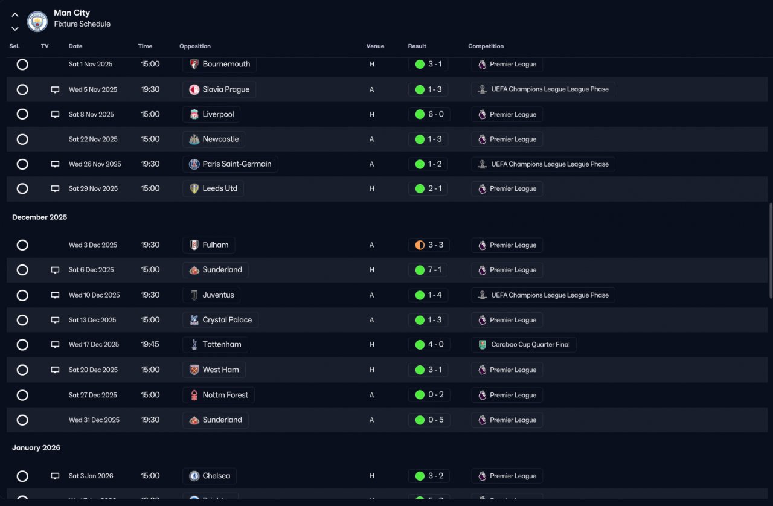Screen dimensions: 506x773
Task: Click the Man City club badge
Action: pyautogui.click(x=37, y=22)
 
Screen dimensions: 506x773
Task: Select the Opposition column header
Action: pyautogui.click(x=195, y=46)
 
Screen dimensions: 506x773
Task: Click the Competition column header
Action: pyautogui.click(x=486, y=46)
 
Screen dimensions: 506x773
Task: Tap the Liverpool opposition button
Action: pyautogui.click(x=211, y=114)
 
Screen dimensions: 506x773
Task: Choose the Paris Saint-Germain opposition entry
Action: pyautogui.click(x=230, y=164)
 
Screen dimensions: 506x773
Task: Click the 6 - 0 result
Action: pyautogui.click(x=428, y=114)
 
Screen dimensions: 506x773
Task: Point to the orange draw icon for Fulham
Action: pyautogui.click(x=420, y=245)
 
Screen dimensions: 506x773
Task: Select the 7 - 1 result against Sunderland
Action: pyautogui.click(x=428, y=270)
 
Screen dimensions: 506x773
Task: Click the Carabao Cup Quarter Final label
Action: pyautogui.click(x=524, y=345)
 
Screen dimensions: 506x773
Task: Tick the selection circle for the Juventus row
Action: pyautogui.click(x=22, y=295)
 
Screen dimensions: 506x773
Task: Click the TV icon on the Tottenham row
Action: pyautogui.click(x=55, y=345)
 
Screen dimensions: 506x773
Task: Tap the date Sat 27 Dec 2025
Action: pyautogui.click(x=93, y=396)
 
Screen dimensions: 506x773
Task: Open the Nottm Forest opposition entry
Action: pyautogui.click(x=219, y=396)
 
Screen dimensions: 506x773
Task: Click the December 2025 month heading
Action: pyautogui.click(x=40, y=217)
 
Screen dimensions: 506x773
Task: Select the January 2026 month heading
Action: pyautogui.click(x=36, y=448)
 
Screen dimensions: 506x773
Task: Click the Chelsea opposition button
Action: pyautogui.click(x=210, y=476)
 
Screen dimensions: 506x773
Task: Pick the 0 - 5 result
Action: pyautogui.click(x=428, y=420)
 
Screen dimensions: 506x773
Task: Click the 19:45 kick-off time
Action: pyautogui.click(x=150, y=345)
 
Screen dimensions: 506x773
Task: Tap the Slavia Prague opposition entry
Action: pyautogui.click(x=219, y=89)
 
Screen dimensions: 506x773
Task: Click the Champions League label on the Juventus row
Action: pyautogui.click(x=543, y=295)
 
